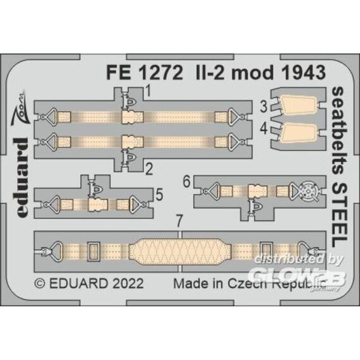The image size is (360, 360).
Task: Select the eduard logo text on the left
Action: (x=22, y=177)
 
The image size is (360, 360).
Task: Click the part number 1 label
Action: (x=148, y=90)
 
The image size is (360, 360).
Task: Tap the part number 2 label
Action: (x=149, y=170)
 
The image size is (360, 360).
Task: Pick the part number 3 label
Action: (x=264, y=107)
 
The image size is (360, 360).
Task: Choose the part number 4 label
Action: (x=264, y=129)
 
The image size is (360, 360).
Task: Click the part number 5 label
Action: (x=159, y=195)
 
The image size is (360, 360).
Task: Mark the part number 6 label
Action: (x=187, y=182)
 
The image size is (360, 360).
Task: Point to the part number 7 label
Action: (x=179, y=221)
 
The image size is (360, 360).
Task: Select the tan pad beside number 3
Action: (x=298, y=106)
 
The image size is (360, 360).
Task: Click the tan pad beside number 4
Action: (x=298, y=135)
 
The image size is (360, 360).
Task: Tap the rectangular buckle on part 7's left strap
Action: (x=93, y=251)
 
